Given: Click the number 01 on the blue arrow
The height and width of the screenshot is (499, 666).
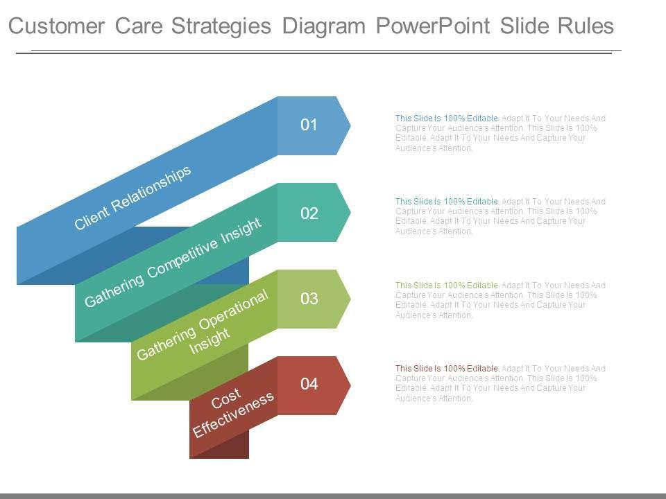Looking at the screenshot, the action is [x=309, y=125].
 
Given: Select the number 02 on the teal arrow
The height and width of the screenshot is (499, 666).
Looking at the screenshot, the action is [x=309, y=213].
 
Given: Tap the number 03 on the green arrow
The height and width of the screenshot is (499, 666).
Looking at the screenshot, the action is [x=309, y=299].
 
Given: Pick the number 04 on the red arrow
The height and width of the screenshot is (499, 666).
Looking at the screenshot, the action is [x=309, y=384].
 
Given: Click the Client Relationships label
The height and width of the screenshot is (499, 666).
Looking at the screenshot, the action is [x=133, y=198].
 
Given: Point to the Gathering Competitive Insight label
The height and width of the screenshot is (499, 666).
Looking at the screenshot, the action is [x=173, y=262].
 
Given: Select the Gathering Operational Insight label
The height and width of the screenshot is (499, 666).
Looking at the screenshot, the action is [x=203, y=325].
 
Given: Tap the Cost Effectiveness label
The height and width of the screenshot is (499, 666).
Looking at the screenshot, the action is [x=232, y=412].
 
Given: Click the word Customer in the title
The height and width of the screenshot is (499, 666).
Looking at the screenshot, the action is [x=57, y=26].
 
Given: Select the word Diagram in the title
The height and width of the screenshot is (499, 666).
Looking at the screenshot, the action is [x=324, y=26].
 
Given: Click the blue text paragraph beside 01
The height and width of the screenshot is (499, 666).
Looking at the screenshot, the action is [x=499, y=133].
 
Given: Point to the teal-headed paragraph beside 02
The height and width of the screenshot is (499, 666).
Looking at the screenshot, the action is [x=499, y=216].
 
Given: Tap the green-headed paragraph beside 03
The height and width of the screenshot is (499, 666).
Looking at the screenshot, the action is [x=499, y=300].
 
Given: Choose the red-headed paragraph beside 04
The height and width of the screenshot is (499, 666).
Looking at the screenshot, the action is [x=499, y=383].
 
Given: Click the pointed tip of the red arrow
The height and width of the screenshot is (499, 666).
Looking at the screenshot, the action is [x=348, y=385].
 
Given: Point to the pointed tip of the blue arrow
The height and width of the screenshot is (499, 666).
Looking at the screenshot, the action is [x=348, y=125].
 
